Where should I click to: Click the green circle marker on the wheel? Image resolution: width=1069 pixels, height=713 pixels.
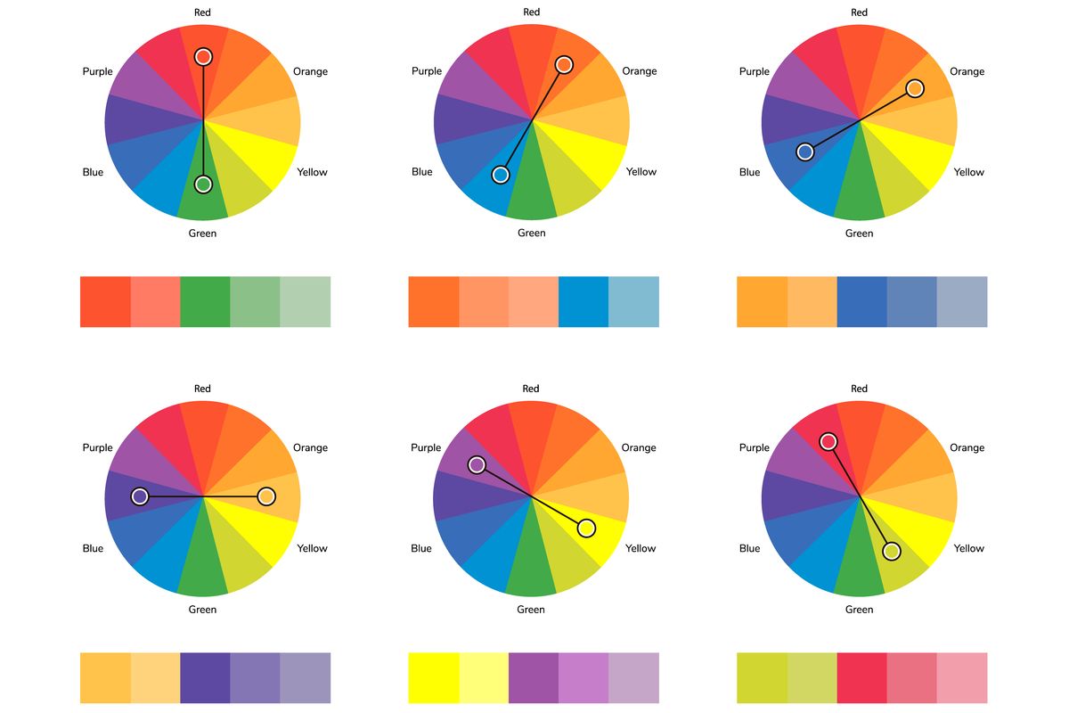(x=203, y=184)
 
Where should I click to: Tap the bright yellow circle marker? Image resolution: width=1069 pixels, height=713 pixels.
(x=586, y=529)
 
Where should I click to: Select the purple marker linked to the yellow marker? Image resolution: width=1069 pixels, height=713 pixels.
(x=477, y=464)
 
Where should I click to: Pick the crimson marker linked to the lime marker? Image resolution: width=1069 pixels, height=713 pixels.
(x=828, y=441)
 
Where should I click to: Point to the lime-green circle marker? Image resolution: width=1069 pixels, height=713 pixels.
(x=892, y=551)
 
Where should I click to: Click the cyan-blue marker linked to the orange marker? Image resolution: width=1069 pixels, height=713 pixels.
(x=501, y=175)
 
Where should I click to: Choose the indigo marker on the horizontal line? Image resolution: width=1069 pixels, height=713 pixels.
(x=140, y=496)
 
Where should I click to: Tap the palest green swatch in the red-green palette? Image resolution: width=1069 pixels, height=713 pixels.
(x=306, y=301)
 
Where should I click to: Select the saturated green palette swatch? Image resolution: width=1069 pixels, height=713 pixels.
(x=205, y=301)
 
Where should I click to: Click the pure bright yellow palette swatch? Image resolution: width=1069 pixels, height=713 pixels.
(x=433, y=678)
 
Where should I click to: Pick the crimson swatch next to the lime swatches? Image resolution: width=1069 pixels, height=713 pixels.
(x=862, y=678)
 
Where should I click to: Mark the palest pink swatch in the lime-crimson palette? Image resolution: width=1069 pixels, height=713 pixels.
(x=962, y=678)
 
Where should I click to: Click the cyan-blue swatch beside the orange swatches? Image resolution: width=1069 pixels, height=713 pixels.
(x=583, y=301)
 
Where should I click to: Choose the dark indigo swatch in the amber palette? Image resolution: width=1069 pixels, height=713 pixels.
(x=205, y=678)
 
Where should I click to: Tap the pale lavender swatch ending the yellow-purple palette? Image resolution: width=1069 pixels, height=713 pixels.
(x=634, y=678)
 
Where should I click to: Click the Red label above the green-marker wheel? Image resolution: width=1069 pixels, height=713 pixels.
(x=202, y=12)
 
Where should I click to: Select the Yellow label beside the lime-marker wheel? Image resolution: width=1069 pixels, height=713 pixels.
(x=968, y=548)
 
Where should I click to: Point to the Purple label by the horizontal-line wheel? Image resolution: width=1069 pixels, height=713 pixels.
(x=97, y=447)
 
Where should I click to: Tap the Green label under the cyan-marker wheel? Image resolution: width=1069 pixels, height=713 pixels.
(x=531, y=234)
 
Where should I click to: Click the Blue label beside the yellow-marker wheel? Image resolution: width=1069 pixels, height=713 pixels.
(x=421, y=548)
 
